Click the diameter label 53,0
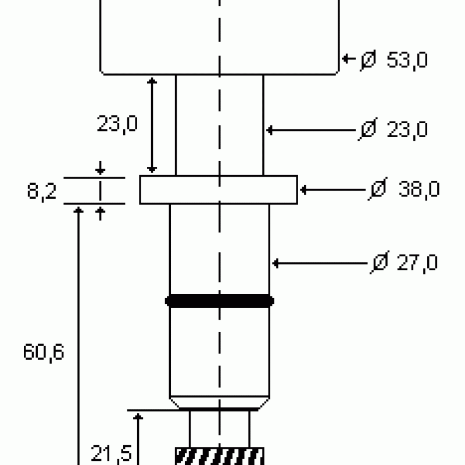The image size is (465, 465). click(407, 60)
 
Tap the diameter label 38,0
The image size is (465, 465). click(419, 189)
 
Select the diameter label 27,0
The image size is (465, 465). click(417, 263)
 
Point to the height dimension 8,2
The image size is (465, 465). click(41, 191)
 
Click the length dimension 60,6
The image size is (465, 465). click(43, 353)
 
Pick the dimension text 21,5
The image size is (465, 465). click(111, 454)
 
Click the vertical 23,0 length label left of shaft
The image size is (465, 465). click(117, 124)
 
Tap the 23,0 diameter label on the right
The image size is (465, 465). click(407, 130)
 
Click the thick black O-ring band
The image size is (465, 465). click(220, 301)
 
